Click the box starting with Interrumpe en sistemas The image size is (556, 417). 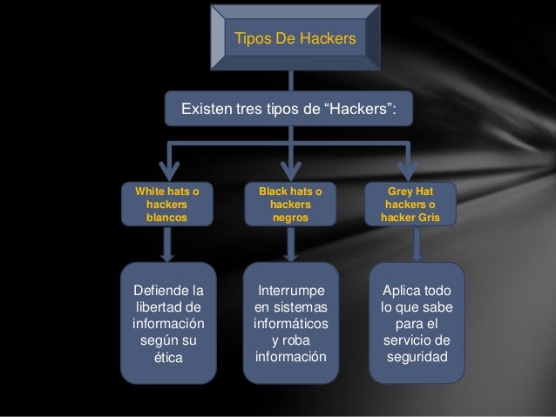point(290,322)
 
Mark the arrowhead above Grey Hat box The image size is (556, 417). point(410,169)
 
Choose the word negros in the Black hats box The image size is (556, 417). point(290,217)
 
